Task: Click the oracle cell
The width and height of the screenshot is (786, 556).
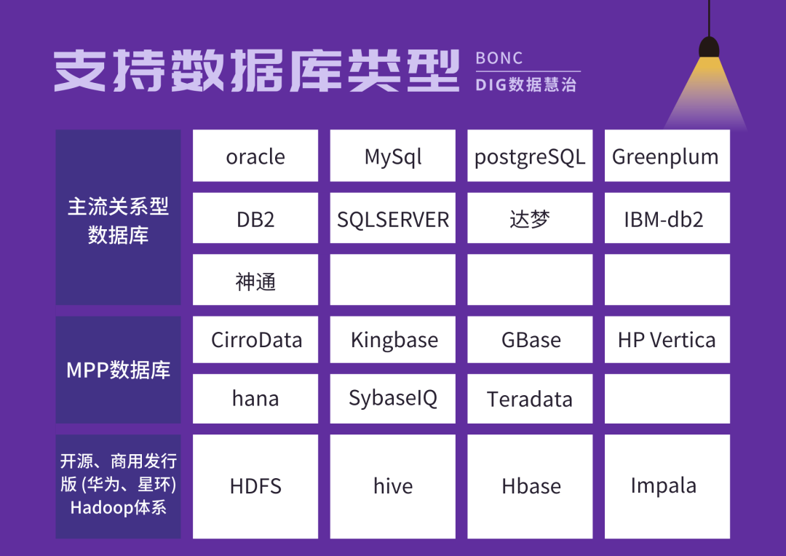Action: [255, 156]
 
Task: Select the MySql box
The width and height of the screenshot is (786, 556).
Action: [392, 156]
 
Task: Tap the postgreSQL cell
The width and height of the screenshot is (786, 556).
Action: [530, 156]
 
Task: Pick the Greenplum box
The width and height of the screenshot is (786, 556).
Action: [667, 156]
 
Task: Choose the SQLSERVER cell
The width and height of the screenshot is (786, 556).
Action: [392, 218]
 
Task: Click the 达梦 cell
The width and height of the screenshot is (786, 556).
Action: [530, 218]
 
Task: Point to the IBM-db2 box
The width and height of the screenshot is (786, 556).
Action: [667, 218]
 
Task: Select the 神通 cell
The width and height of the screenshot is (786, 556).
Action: [255, 279]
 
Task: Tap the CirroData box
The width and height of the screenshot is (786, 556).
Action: [255, 339]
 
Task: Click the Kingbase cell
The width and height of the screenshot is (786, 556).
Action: [392, 339]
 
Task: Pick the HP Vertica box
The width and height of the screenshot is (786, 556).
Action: [667, 339]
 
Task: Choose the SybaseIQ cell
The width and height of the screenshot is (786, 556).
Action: [392, 399]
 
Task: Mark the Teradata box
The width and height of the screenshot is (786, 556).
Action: [530, 399]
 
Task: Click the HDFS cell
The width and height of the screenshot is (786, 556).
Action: [255, 486]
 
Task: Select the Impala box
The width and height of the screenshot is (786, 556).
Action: [667, 486]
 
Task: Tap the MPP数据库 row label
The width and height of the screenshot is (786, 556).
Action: [119, 370]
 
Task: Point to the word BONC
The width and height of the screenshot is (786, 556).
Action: [499, 58]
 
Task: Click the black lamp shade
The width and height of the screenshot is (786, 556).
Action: [709, 47]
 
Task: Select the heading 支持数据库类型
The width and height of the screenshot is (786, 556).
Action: [256, 71]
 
